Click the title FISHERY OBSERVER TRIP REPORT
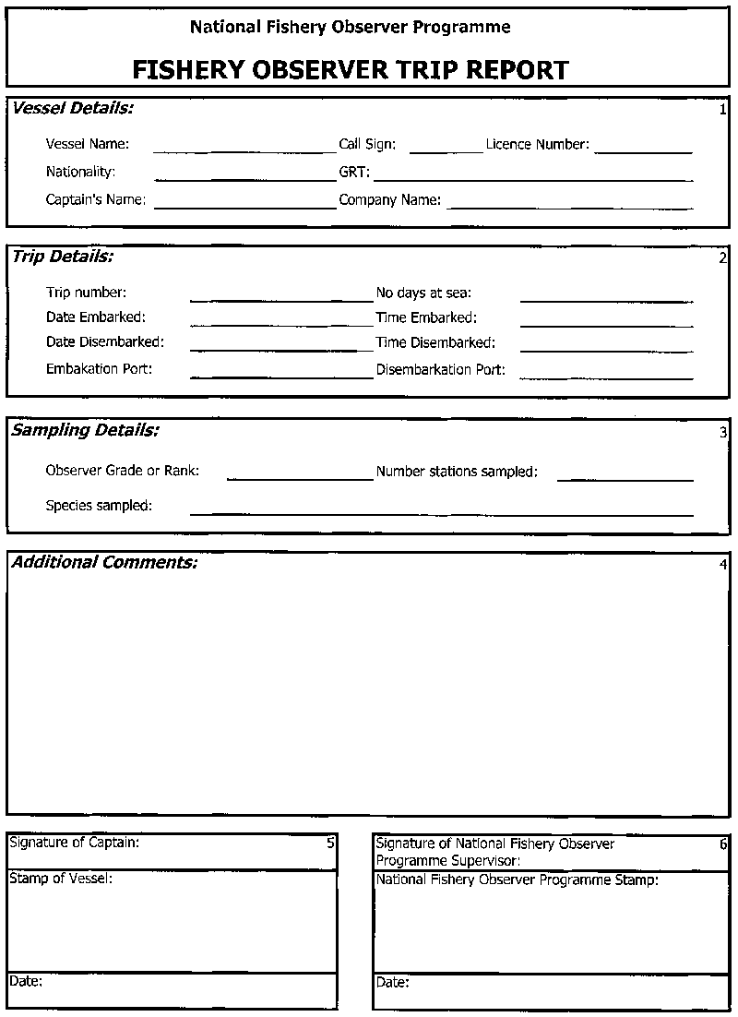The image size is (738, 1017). pyautogui.click(x=351, y=70)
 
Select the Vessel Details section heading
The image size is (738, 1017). pyautogui.click(x=73, y=109)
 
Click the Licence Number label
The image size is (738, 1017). pyautogui.click(x=537, y=145)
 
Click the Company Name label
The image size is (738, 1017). pyautogui.click(x=389, y=199)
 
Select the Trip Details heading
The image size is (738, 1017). pyautogui.click(x=62, y=257)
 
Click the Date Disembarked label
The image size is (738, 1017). pyautogui.click(x=105, y=342)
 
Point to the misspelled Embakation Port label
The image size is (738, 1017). pyautogui.click(x=99, y=369)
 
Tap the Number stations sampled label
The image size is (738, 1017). pyautogui.click(x=457, y=472)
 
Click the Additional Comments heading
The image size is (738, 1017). pyautogui.click(x=104, y=562)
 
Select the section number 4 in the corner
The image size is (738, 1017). pyautogui.click(x=723, y=565)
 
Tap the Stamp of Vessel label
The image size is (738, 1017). pyautogui.click(x=61, y=879)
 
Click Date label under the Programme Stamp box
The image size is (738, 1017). pyautogui.click(x=392, y=983)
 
